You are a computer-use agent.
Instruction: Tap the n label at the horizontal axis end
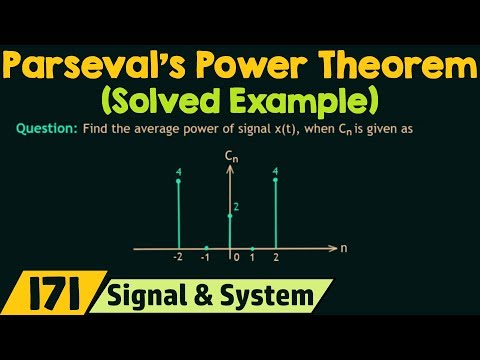(x=343, y=246)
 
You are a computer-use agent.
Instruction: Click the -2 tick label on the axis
(x=177, y=259)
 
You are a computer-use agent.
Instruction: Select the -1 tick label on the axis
(x=206, y=259)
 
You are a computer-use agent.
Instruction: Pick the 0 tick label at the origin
(x=235, y=259)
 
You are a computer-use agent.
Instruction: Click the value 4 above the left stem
(x=178, y=172)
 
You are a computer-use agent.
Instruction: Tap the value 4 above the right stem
(x=275, y=172)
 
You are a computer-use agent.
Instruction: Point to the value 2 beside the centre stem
(x=237, y=206)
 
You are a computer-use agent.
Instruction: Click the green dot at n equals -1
(x=206, y=247)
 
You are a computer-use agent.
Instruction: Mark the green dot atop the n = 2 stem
(x=275, y=181)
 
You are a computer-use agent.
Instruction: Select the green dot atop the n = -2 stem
(x=178, y=181)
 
